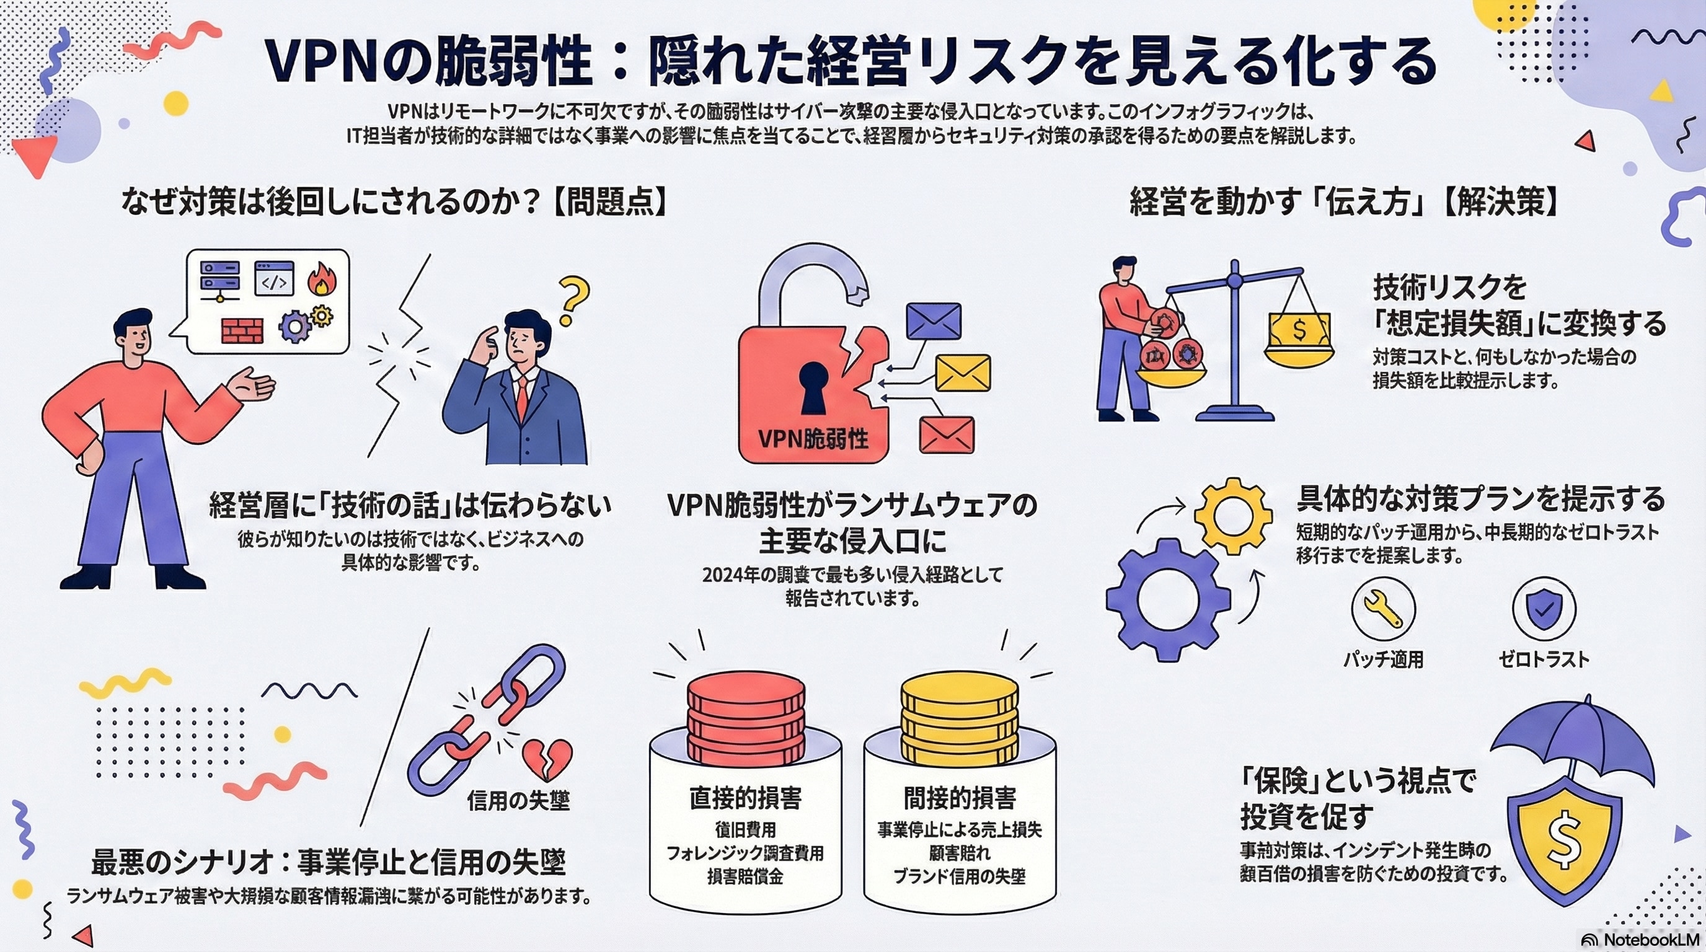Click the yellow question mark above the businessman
point(573,299)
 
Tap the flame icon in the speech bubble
point(322,278)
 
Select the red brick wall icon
point(242,330)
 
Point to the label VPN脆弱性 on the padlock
point(813,438)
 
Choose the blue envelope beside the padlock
point(933,322)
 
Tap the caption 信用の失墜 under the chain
point(518,800)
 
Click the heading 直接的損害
point(745,798)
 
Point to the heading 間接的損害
point(960,798)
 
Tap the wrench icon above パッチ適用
point(1383,609)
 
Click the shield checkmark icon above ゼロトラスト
point(1544,609)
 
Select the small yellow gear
point(1232,516)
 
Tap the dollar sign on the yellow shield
point(1564,841)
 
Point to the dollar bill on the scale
point(1299,330)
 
